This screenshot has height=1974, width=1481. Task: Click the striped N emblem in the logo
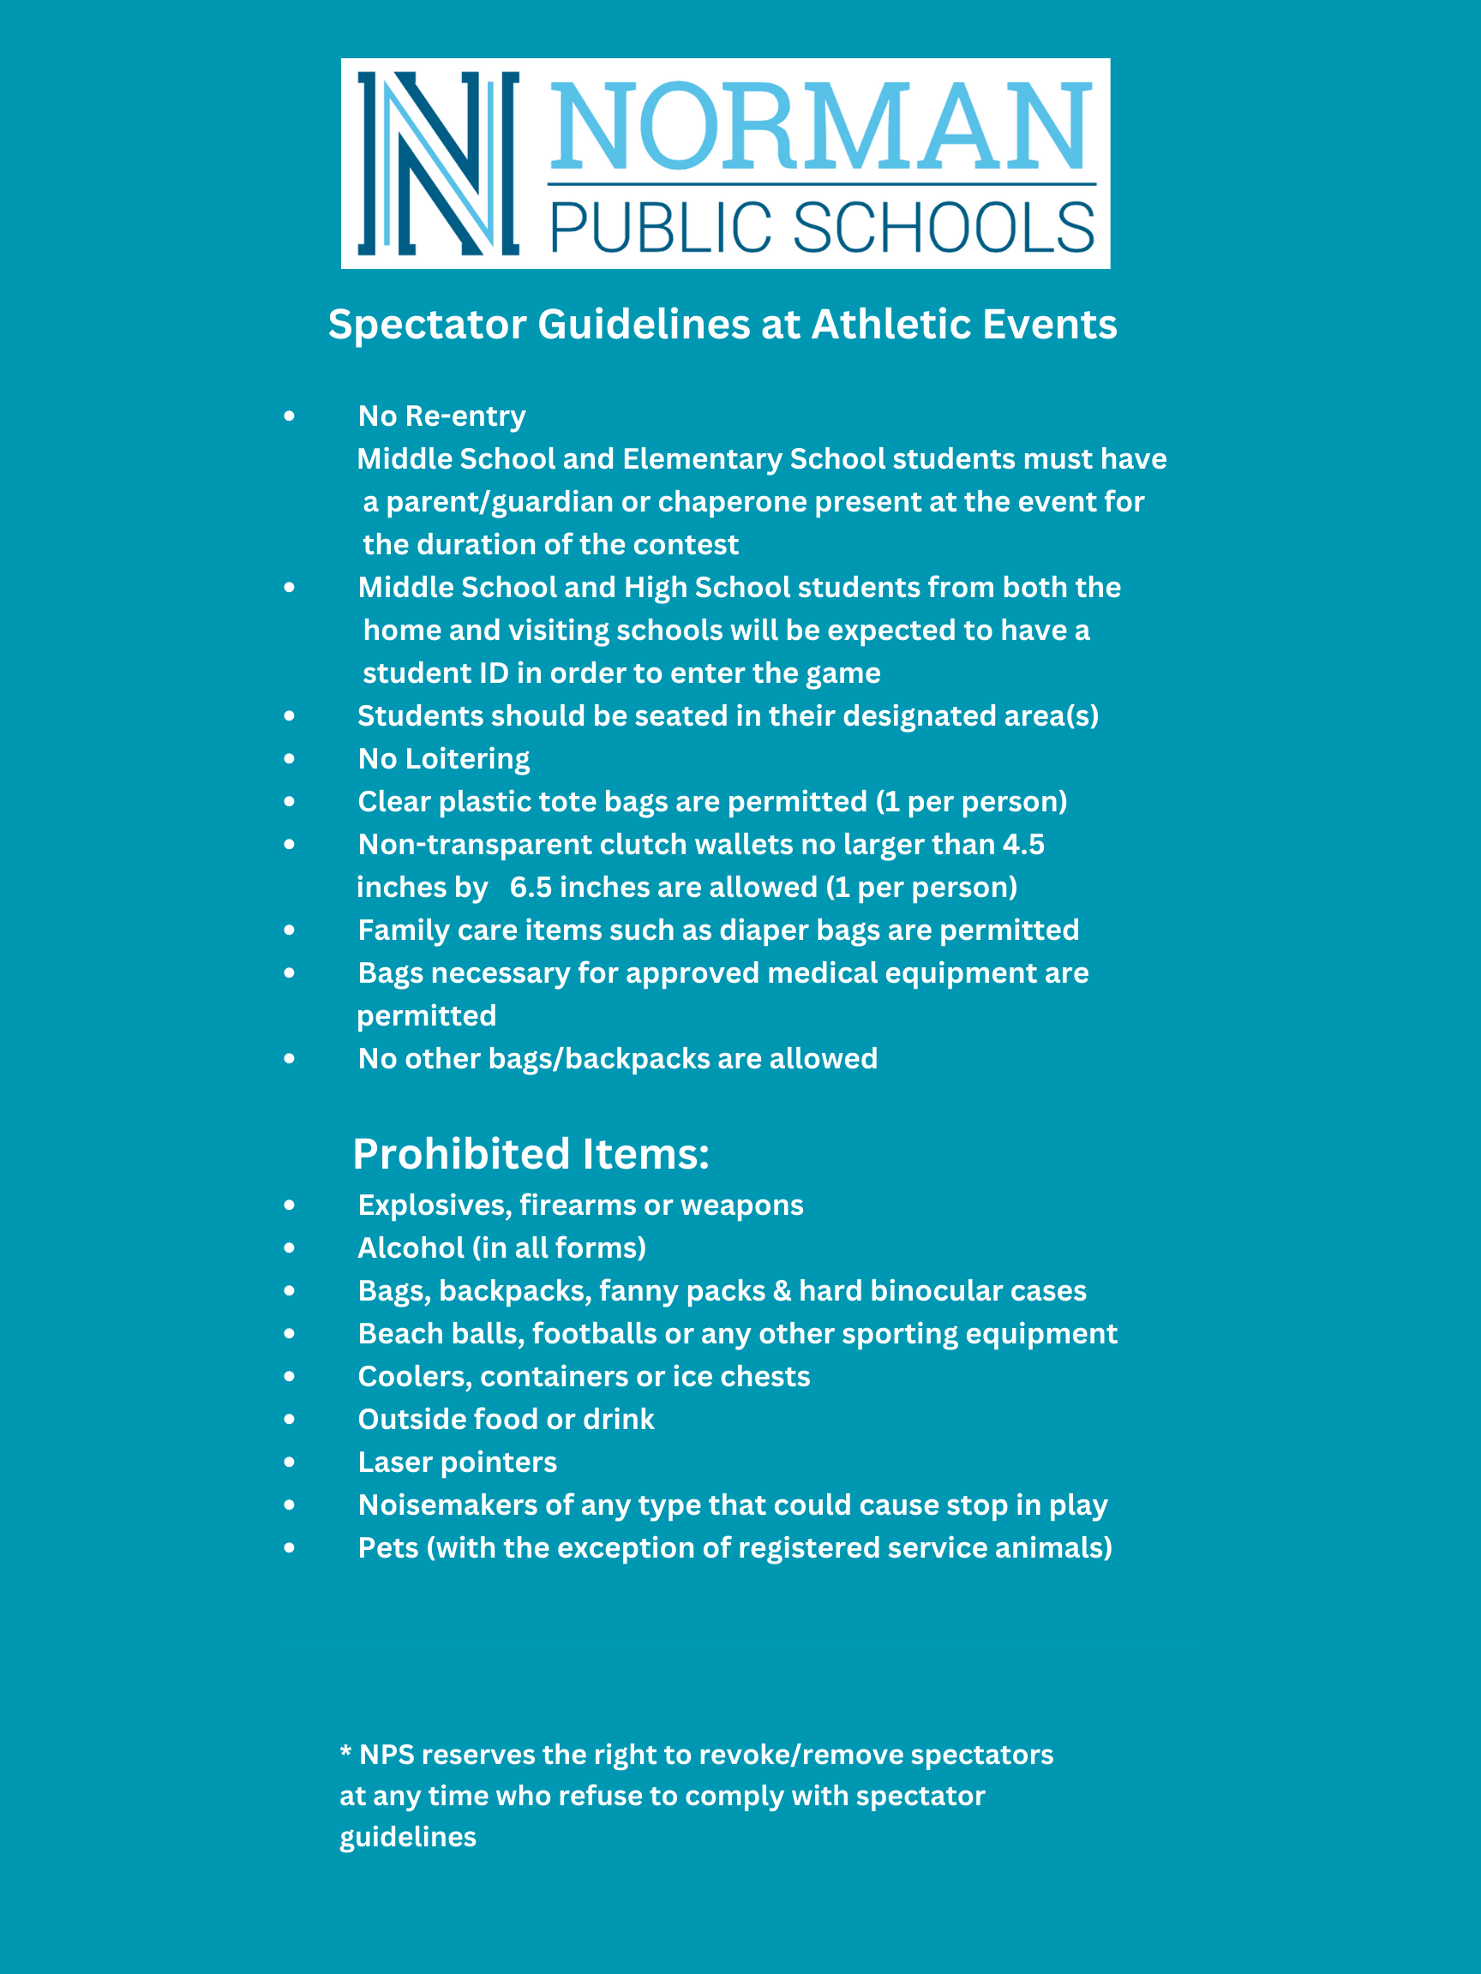(437, 164)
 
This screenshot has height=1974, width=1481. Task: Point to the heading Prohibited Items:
(531, 1154)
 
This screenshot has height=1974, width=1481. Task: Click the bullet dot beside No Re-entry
(289, 416)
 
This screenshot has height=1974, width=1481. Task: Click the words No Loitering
(444, 758)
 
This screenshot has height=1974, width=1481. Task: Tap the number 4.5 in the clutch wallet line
(1023, 844)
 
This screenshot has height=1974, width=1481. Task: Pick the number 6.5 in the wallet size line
(531, 887)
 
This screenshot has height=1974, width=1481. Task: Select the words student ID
(435, 673)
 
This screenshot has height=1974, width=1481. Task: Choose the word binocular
(936, 1290)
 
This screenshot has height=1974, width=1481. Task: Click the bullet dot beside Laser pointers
(289, 1462)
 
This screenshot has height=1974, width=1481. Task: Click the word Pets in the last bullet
(388, 1547)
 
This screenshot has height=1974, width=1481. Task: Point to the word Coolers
(414, 1376)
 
